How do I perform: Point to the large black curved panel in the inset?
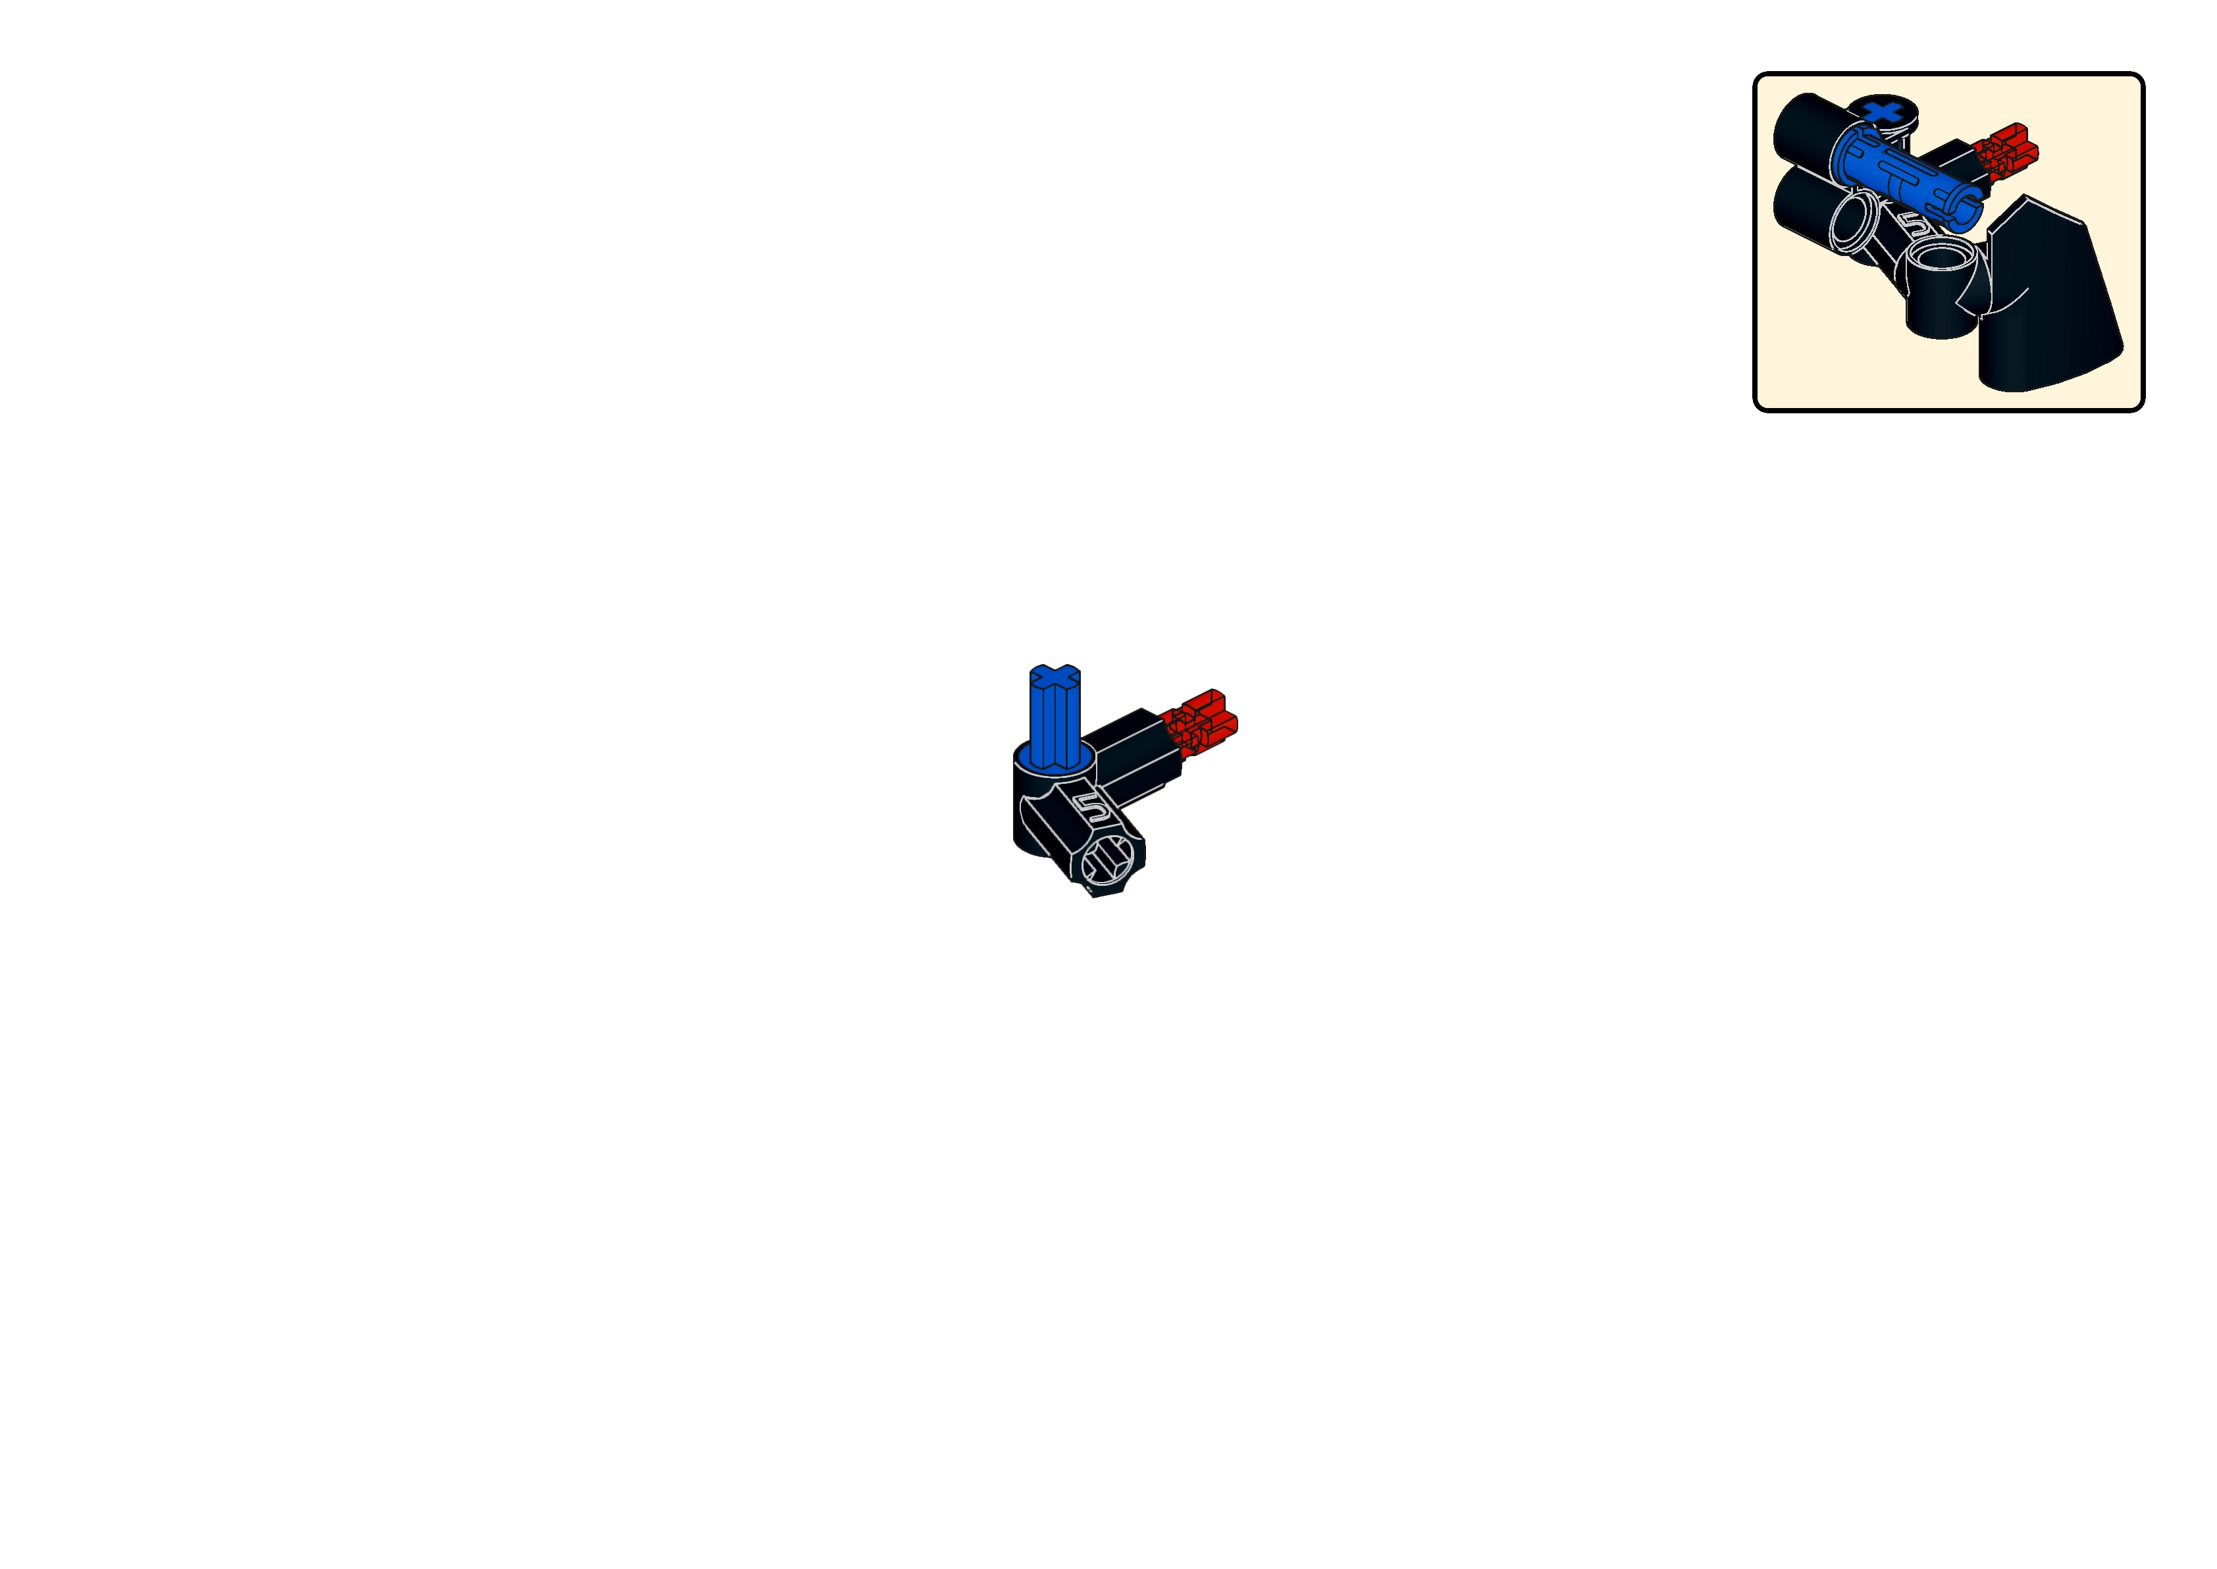[2039, 309]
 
